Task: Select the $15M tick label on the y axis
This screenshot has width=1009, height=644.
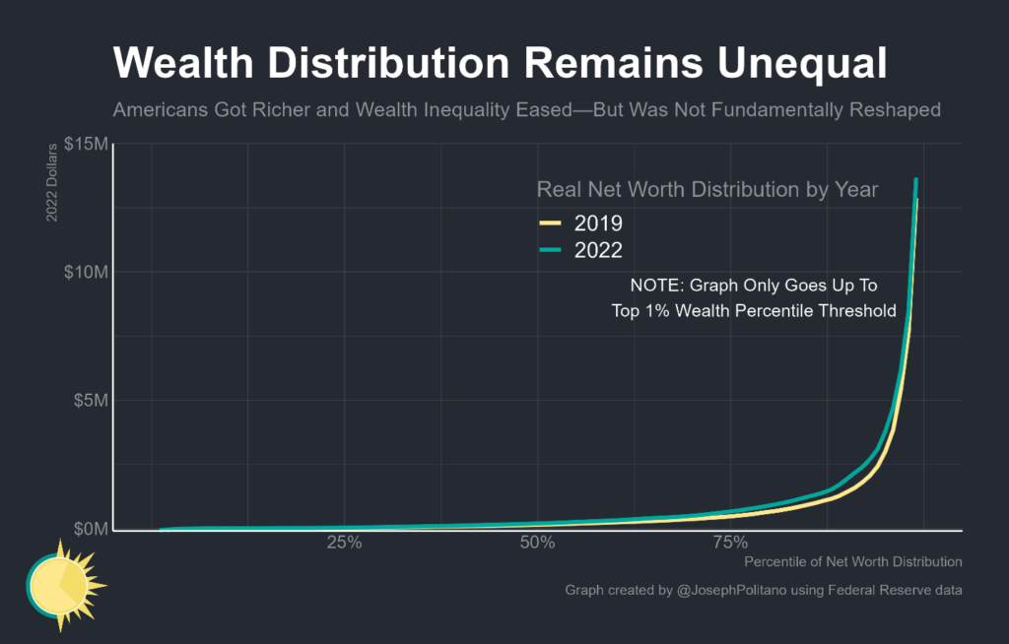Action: click(86, 144)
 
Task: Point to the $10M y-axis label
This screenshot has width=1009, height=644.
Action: click(86, 272)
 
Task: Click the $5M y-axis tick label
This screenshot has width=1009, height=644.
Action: click(90, 401)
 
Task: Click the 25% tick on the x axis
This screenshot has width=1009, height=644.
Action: click(343, 544)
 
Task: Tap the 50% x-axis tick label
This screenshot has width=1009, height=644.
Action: click(536, 544)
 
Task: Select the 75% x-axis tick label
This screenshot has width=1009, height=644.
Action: click(728, 544)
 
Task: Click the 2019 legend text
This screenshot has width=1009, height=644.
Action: click(598, 223)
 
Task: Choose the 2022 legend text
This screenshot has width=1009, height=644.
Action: click(598, 250)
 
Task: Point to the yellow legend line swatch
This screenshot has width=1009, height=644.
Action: click(550, 223)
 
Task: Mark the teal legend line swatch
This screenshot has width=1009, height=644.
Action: click(550, 250)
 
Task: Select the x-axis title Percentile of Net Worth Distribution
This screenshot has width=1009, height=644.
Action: click(852, 562)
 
